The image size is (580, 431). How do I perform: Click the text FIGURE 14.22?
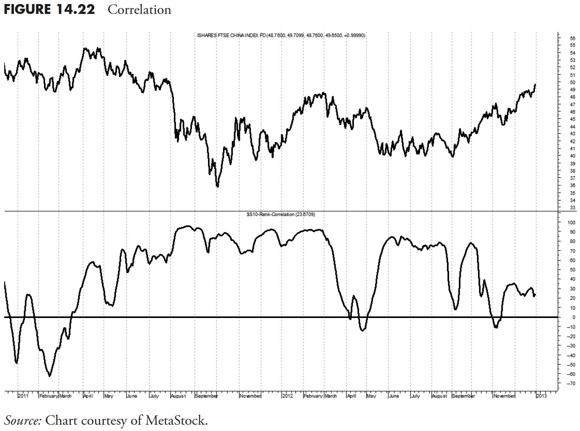pos(49,10)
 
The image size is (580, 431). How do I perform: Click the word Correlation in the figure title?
pos(139,10)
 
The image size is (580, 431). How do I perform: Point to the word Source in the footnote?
pos(22,420)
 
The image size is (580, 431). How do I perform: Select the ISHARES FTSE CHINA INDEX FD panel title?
pos(281,35)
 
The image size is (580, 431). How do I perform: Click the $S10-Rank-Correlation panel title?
pos(281,214)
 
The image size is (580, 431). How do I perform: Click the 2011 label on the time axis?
pos(23,396)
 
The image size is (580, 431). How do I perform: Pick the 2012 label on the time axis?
pos(288,396)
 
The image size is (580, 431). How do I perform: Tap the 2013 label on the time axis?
pos(541,396)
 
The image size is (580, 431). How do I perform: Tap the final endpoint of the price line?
pos(535,85)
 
